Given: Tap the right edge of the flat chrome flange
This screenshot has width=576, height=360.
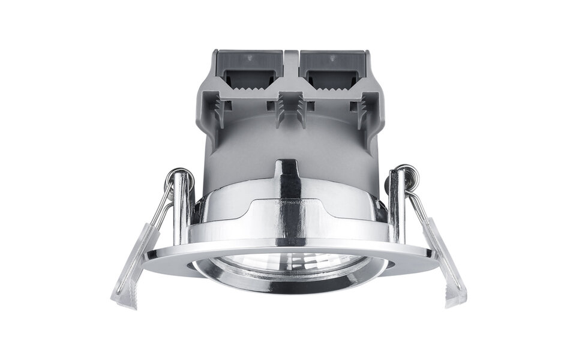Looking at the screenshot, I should point(433,256).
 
